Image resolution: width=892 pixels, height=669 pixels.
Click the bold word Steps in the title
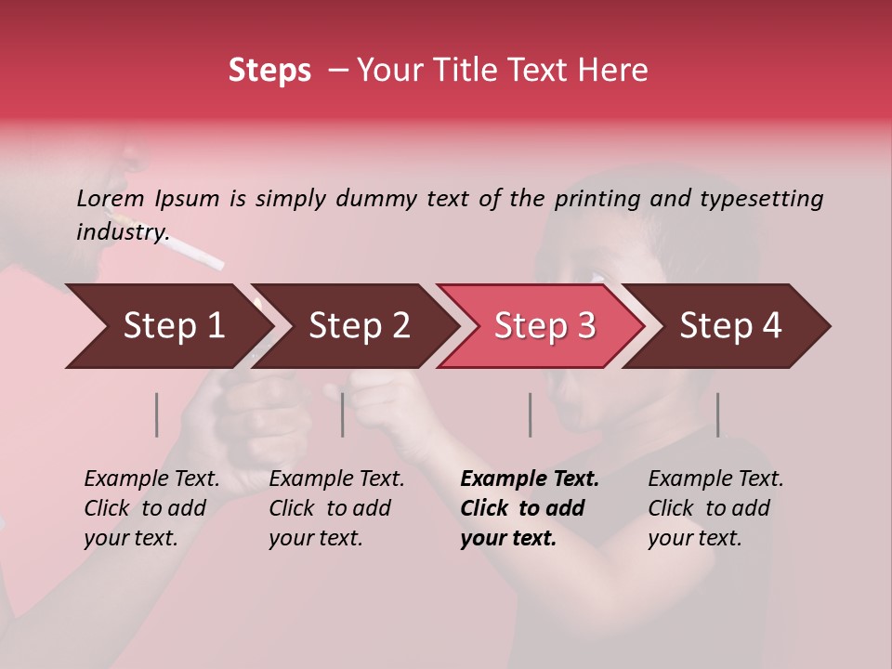269,70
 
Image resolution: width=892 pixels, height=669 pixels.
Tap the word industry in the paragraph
122,231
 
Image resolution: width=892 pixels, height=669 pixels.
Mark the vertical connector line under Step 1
157,414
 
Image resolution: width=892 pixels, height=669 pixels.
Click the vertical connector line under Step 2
343,414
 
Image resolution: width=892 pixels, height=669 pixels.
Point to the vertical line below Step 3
530,414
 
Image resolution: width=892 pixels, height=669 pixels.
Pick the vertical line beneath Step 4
717,414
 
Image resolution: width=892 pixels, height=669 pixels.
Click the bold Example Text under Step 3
530,479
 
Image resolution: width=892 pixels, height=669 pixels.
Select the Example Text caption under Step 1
151,479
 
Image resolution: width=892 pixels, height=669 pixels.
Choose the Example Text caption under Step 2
336,479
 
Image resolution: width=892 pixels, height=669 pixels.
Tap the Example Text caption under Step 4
715,479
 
